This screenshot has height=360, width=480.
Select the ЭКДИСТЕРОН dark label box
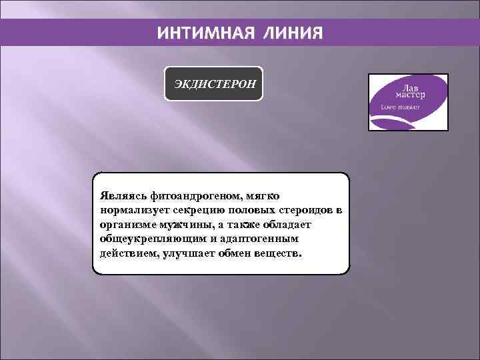click(214, 84)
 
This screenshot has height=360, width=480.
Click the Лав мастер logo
click(409, 101)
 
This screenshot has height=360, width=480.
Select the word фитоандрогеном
click(193, 197)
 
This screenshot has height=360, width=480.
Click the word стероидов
click(306, 211)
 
